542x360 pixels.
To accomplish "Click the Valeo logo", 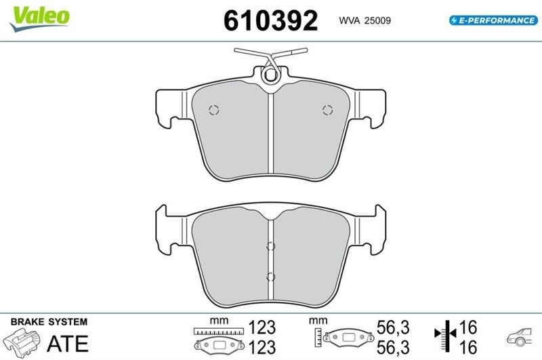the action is click(40, 18).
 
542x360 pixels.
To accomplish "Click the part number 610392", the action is click(270, 21).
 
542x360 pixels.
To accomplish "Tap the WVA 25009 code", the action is click(364, 21).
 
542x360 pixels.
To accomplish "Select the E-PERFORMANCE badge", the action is click(494, 20).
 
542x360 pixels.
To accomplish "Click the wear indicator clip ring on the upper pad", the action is click(270, 75).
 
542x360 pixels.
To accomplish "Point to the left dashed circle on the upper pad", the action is click(214, 110).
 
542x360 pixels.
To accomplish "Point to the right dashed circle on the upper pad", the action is click(328, 110).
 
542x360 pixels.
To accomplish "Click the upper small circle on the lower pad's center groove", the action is click(270, 246).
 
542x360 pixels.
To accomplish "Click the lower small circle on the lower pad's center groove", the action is click(270, 277).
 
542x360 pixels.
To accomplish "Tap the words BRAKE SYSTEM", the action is click(49, 322).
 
